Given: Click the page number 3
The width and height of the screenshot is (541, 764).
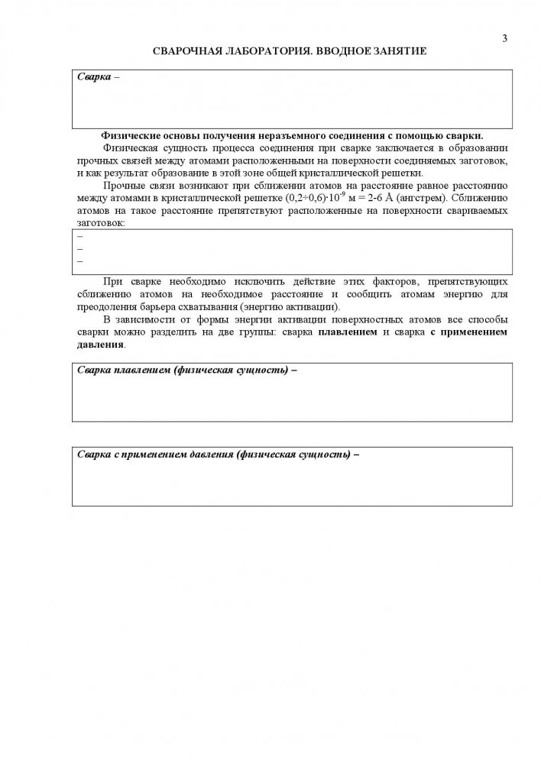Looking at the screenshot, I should pyautogui.click(x=505, y=38).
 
